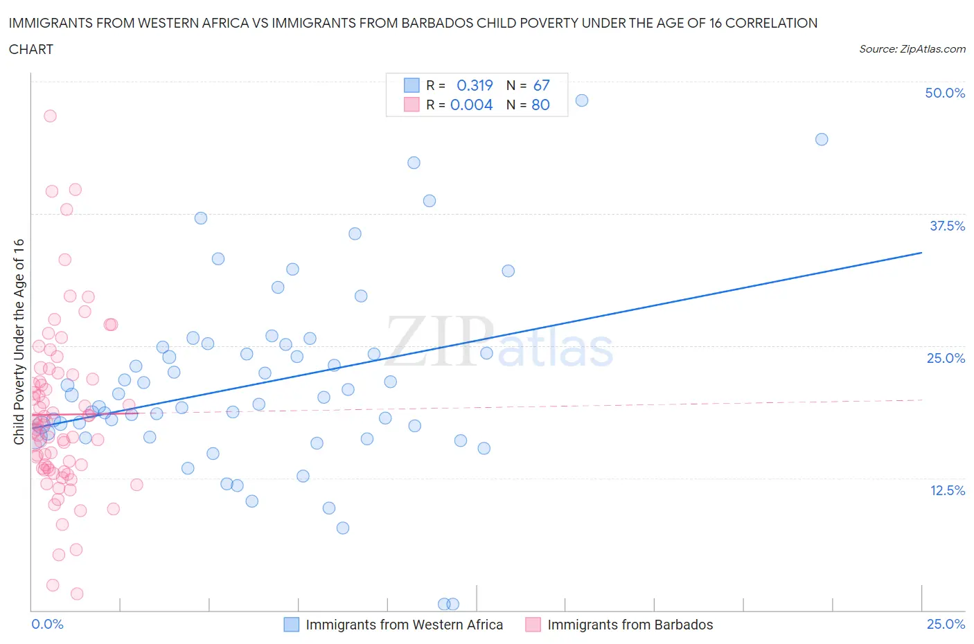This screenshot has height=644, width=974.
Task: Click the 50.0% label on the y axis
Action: pos(944,93)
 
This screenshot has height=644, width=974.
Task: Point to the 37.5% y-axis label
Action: pos(946,226)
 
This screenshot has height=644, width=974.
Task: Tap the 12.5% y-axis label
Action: pos(946,490)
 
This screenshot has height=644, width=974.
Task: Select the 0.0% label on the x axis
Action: pos(47,624)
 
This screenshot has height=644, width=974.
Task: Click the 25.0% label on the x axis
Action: pos(946,624)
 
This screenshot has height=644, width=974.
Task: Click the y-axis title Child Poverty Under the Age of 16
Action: pos(19,341)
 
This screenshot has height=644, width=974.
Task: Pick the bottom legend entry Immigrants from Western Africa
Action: pos(404,625)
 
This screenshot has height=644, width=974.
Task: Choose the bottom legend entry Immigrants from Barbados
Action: pos(630,625)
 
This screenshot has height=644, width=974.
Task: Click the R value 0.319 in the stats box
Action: pos(475,85)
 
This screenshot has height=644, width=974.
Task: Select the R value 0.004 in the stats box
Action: pos(471,105)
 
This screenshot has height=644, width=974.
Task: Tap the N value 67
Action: pos(541,85)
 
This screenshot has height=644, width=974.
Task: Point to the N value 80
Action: pos(540,105)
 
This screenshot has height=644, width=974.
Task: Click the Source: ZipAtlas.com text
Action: pos(912,49)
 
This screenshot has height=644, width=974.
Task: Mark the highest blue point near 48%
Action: pos(582,100)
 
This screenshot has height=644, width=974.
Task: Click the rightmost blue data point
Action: pos(822,139)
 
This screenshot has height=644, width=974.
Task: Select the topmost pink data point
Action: pos(50,116)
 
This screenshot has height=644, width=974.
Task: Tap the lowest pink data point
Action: pos(77,593)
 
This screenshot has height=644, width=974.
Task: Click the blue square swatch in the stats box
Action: pos(411,85)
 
